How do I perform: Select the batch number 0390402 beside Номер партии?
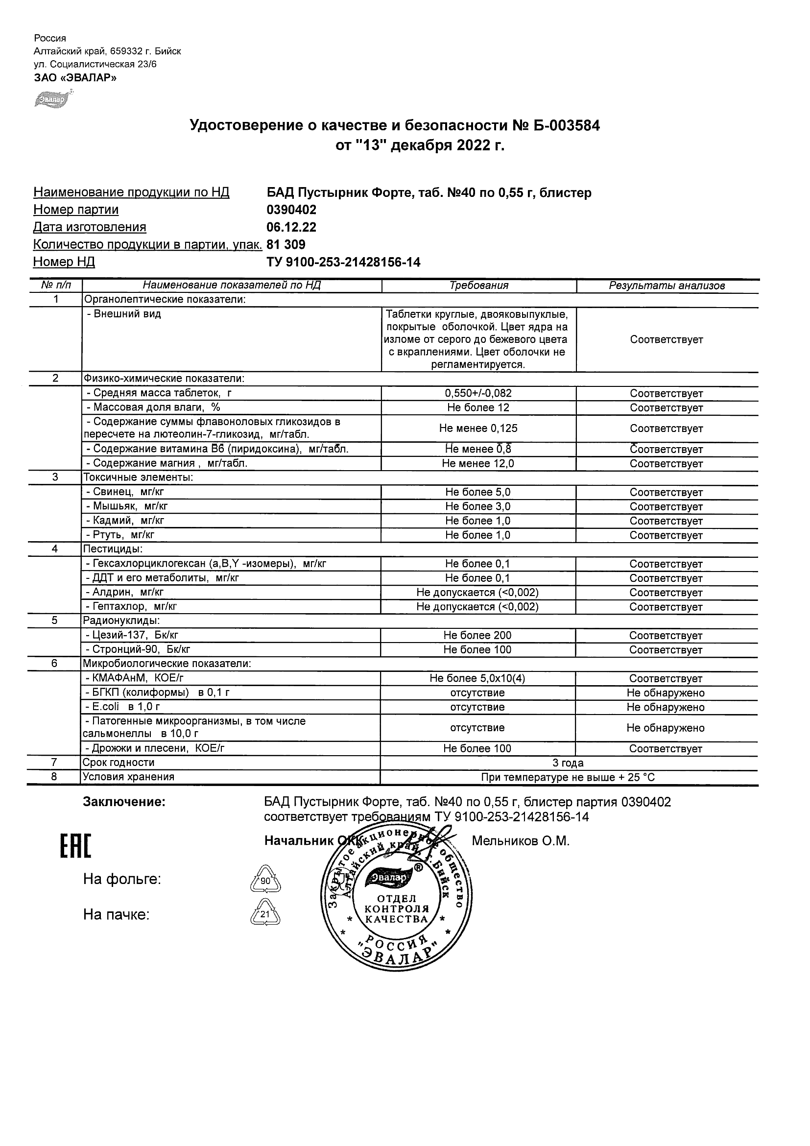tap(291, 210)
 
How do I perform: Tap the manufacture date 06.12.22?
tap(291, 227)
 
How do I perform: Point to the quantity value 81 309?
tap(286, 244)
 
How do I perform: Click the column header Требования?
tap(478, 286)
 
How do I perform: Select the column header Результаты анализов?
tap(667, 286)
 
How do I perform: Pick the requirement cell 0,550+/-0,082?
tap(478, 393)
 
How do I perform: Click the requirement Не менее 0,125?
tap(478, 428)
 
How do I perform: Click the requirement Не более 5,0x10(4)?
tap(477, 678)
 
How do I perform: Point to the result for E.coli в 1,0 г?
tap(666, 707)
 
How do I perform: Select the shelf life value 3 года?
tap(568, 763)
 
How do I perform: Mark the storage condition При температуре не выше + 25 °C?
tap(568, 777)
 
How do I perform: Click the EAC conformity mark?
tap(76, 846)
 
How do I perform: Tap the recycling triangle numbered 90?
tap(265, 881)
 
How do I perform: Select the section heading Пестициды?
tap(113, 549)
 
